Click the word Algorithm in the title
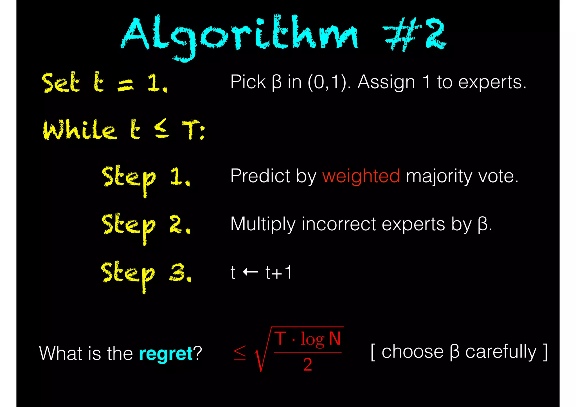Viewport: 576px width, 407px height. (239, 35)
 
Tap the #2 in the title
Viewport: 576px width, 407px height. (415, 34)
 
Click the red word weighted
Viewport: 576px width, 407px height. (361, 176)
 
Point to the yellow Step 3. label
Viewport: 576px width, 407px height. (146, 273)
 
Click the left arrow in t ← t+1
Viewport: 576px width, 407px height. (250, 272)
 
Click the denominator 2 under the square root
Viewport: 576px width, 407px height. (307, 365)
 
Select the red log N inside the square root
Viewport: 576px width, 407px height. (321, 339)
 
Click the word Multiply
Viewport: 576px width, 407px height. (263, 224)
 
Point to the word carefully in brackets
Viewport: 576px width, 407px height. (501, 352)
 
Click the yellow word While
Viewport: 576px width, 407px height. (80, 130)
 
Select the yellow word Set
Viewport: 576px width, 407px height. (61, 82)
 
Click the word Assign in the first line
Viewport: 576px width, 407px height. (386, 82)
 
